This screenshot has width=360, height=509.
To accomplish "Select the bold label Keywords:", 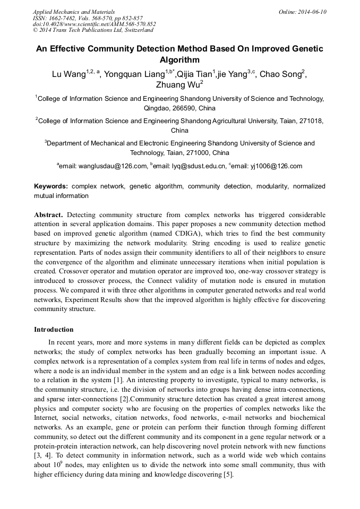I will click(x=51, y=186).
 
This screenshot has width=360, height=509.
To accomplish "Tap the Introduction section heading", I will click(x=54, y=330).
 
